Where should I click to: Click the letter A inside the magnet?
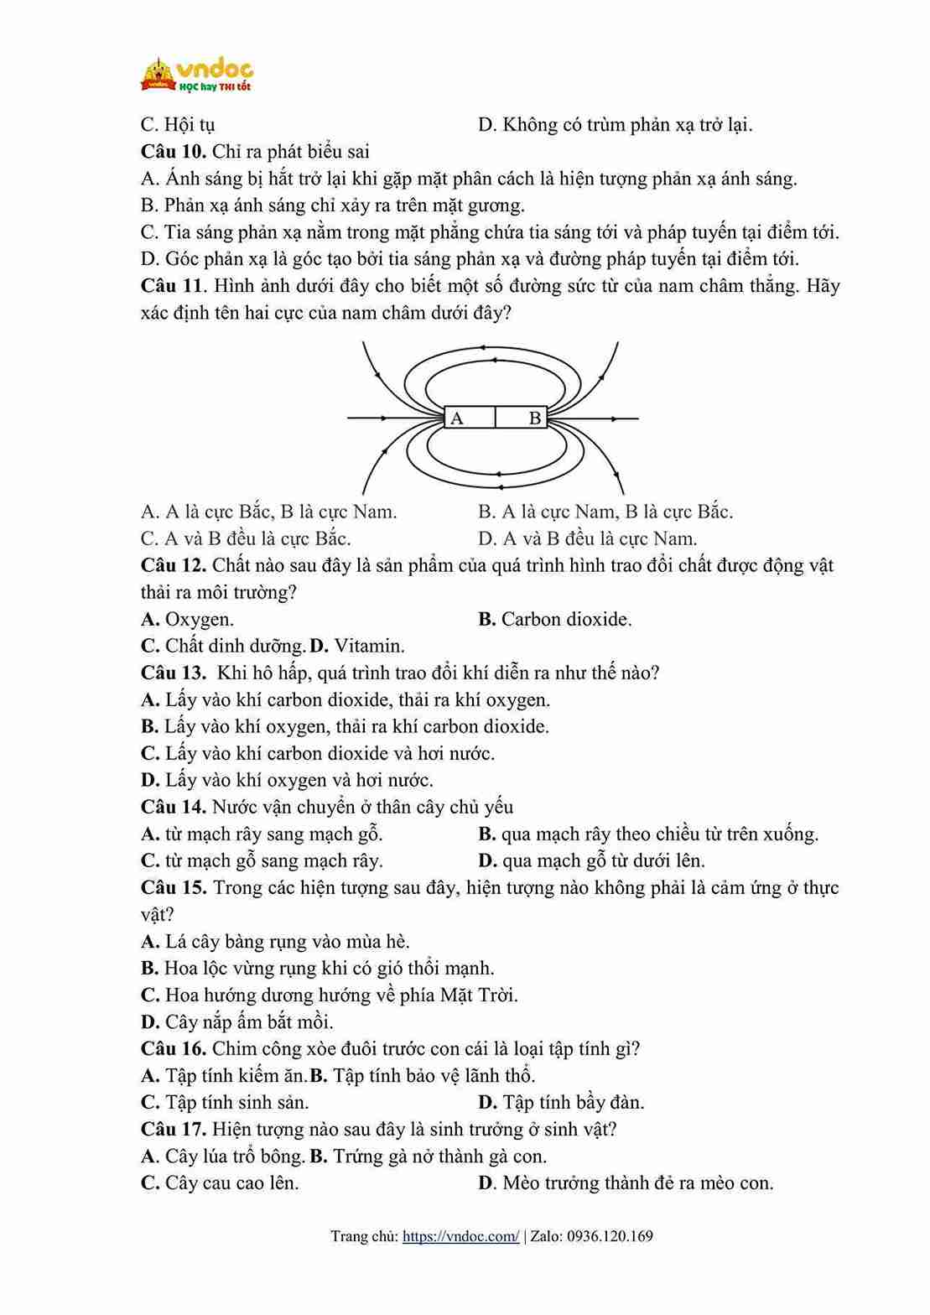click(x=457, y=418)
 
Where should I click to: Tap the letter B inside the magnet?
click(x=534, y=418)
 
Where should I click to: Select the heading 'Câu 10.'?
click(x=174, y=152)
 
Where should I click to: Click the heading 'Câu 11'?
click(x=172, y=286)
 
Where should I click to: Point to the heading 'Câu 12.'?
click(x=174, y=565)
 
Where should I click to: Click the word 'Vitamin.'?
click(x=369, y=647)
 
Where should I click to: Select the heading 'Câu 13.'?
click(x=174, y=673)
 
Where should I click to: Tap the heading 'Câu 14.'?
click(x=174, y=807)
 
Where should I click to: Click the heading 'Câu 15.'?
click(x=174, y=887)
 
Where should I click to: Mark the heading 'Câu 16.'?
click(x=174, y=1048)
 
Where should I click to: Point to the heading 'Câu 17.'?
click(x=174, y=1129)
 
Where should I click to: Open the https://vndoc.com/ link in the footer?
click(x=460, y=1236)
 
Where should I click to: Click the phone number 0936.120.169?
click(x=610, y=1236)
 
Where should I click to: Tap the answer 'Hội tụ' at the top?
click(x=190, y=125)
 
